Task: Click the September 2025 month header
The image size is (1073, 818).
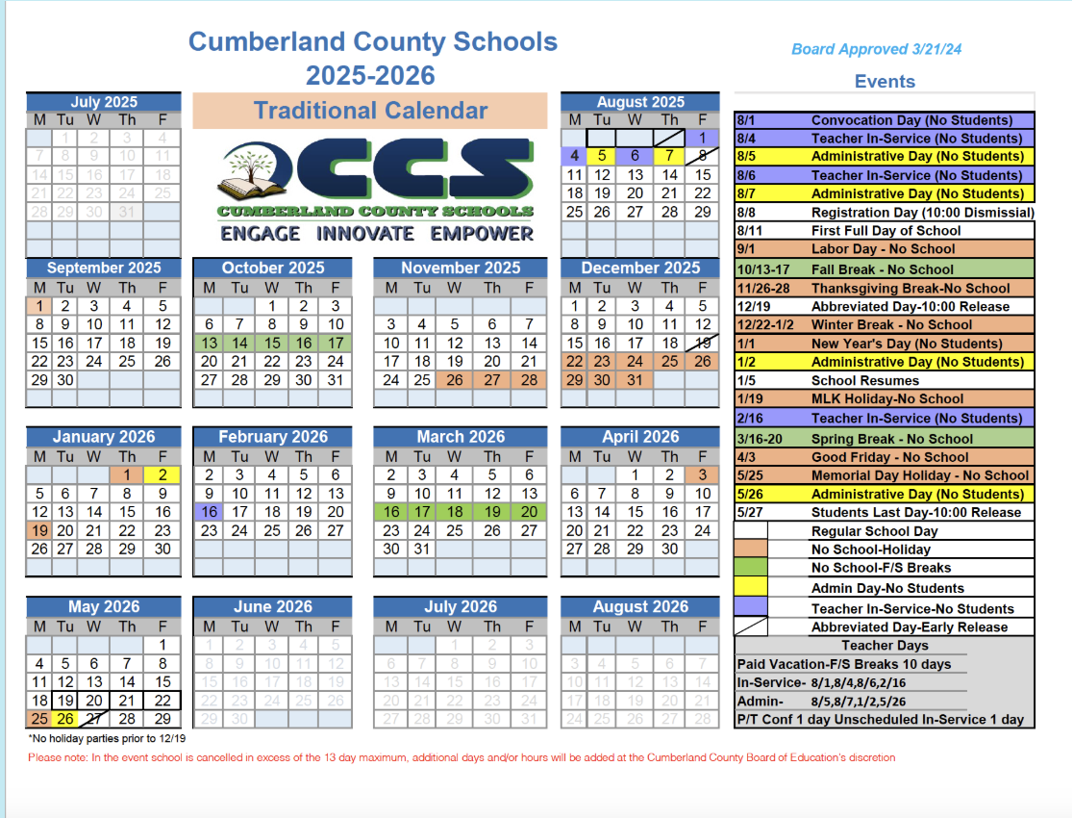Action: pos(104,268)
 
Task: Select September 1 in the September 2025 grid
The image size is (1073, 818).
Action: pos(39,306)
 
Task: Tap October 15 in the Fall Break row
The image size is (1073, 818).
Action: pos(272,343)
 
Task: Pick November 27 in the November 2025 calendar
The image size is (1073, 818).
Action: pos(492,380)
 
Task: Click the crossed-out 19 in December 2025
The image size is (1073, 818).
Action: pos(703,343)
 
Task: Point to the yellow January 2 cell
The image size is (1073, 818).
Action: pos(162,474)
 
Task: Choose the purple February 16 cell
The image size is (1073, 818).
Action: pos(209,512)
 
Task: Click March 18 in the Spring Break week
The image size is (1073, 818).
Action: pos(455,512)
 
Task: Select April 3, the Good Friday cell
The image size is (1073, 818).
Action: pos(703,474)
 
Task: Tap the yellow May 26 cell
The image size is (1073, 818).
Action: pos(65,719)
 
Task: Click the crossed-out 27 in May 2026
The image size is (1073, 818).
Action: pos(93,719)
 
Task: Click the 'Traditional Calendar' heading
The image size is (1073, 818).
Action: pos(370,111)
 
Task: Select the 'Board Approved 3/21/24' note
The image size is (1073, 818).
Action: pos(876,49)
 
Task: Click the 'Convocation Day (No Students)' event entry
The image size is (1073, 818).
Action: pos(911,120)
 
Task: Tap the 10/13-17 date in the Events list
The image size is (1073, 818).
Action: pos(764,269)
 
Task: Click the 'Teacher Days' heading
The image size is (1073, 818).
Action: pos(885,646)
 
